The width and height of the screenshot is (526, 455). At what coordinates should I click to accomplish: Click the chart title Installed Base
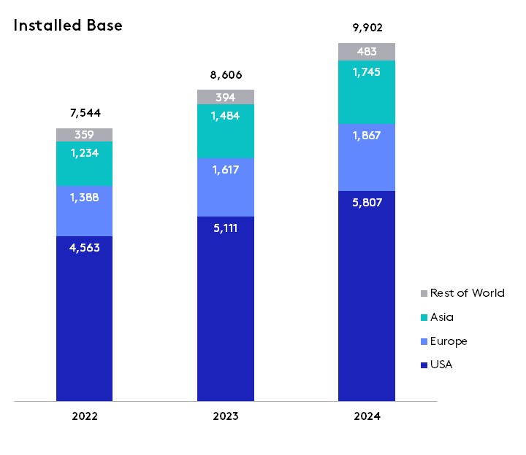(68, 26)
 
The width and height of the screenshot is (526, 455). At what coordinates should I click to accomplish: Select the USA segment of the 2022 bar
(85, 318)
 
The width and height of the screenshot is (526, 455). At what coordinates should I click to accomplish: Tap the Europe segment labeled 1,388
(85, 211)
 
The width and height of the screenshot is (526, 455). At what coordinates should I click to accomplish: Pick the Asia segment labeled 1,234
(85, 163)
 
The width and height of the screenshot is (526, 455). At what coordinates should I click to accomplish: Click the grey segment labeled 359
(85, 135)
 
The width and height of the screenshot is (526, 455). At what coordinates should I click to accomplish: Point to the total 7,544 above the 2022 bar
(85, 113)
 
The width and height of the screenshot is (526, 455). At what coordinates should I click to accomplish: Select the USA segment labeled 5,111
(226, 308)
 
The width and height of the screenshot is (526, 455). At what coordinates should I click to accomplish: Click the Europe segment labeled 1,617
(226, 187)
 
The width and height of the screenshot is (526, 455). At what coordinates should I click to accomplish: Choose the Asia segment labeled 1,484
(226, 131)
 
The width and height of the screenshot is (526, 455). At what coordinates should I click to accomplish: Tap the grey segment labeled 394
(226, 97)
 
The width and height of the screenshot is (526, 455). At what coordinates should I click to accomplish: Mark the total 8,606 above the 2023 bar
(226, 75)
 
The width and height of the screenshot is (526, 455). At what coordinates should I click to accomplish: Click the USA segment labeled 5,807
(367, 295)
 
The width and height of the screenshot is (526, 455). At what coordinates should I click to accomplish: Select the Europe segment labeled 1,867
(367, 157)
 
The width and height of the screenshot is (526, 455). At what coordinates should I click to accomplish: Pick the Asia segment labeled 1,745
(367, 92)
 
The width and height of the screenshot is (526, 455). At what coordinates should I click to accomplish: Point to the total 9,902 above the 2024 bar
(367, 28)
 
